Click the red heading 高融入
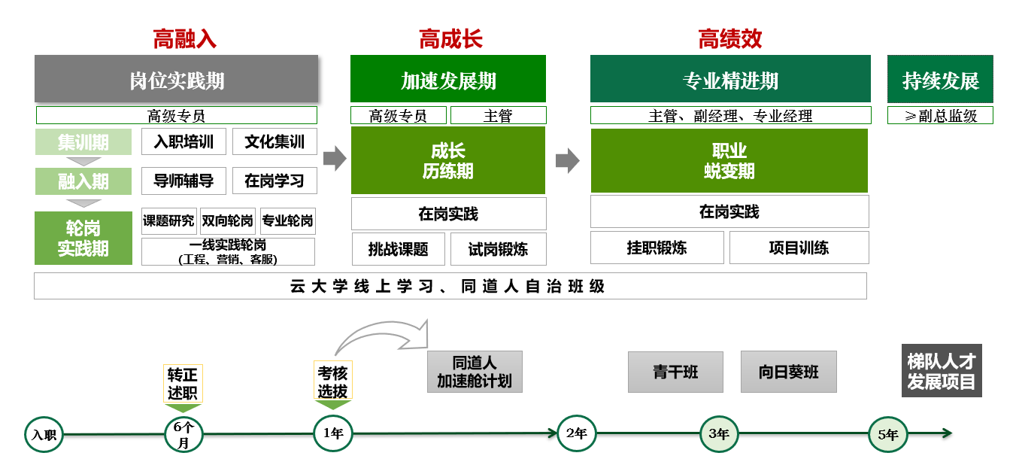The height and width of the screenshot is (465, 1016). (184, 39)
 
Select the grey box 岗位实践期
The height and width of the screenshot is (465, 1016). (177, 79)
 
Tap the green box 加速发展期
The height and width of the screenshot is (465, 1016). (448, 79)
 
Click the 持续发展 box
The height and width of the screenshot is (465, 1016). (940, 79)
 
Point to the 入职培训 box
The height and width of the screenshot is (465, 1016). (183, 141)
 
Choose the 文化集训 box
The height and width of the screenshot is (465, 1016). (274, 141)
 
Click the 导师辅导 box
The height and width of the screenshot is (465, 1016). (183, 181)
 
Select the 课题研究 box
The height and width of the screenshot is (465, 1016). (169, 221)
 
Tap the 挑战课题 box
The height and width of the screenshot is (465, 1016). (398, 249)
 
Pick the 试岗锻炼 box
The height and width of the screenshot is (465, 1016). (498, 249)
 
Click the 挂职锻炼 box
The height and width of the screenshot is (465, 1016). (657, 248)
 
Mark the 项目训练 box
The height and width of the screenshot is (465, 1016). (799, 248)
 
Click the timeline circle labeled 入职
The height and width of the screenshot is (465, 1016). (44, 435)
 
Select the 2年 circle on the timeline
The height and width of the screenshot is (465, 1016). (576, 433)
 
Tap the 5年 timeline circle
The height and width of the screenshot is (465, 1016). (887, 434)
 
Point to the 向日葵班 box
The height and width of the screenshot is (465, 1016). (788, 372)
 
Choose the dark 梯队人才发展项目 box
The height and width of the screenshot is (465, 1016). (942, 371)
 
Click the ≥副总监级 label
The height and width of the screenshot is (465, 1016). (940, 116)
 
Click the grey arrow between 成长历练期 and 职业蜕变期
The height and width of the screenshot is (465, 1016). (568, 160)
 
